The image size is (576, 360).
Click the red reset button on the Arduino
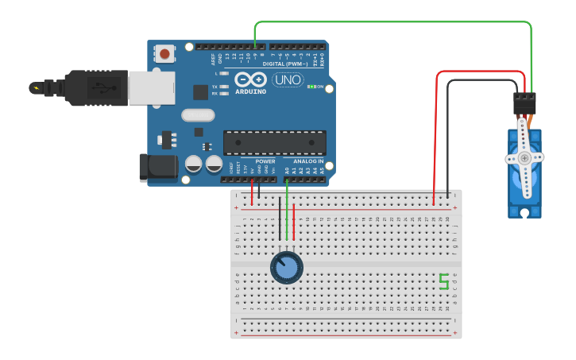pyautogui.click(x=164, y=54)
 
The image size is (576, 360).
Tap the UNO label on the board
pyautogui.click(x=287, y=79)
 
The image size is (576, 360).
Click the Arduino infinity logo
pyautogui.click(x=251, y=79)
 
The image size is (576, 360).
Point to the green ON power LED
pyautogui.click(x=313, y=87)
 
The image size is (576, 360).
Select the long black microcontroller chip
pyautogui.click(x=274, y=142)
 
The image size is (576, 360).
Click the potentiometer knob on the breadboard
pyautogui.click(x=286, y=268)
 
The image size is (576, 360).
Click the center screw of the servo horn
pyautogui.click(x=524, y=158)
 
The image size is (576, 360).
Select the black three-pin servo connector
pyautogui.click(x=524, y=103)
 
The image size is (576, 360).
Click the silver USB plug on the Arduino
pyautogui.click(x=151, y=87)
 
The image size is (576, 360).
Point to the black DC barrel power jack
pyautogui.click(x=157, y=165)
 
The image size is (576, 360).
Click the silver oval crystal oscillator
pyautogui.click(x=198, y=115)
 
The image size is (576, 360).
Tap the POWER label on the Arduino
pyautogui.click(x=265, y=161)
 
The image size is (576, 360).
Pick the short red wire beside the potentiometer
pyautogui.click(x=294, y=223)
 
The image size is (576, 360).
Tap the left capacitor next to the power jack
pyautogui.click(x=193, y=165)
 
